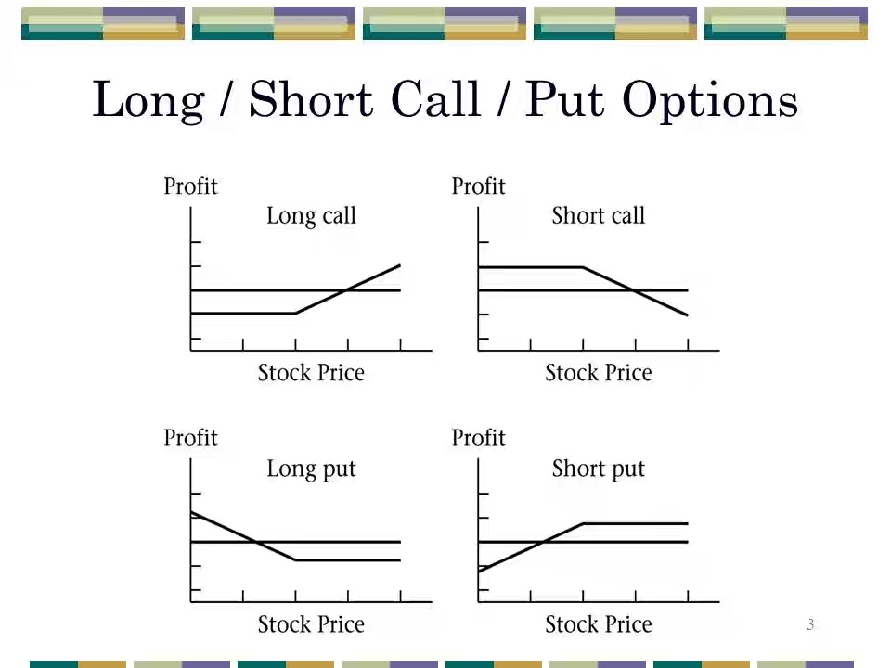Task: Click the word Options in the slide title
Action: (710, 100)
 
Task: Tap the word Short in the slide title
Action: (311, 99)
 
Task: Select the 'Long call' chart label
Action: (312, 216)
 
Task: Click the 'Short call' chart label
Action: (599, 216)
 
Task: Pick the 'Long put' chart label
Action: (312, 469)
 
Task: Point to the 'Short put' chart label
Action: (599, 469)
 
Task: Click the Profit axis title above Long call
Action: (190, 186)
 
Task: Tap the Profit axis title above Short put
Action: (479, 438)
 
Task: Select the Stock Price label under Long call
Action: (311, 373)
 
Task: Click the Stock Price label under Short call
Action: (599, 373)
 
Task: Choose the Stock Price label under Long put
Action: (311, 624)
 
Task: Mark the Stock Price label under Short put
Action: (599, 624)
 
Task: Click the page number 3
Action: (810, 624)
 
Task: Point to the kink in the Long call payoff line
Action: (295, 313)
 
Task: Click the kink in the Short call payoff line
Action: (583, 267)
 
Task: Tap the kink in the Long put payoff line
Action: (295, 560)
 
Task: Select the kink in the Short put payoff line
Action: (583, 523)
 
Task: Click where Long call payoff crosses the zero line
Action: (346, 290)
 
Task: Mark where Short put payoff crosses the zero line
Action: (544, 542)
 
